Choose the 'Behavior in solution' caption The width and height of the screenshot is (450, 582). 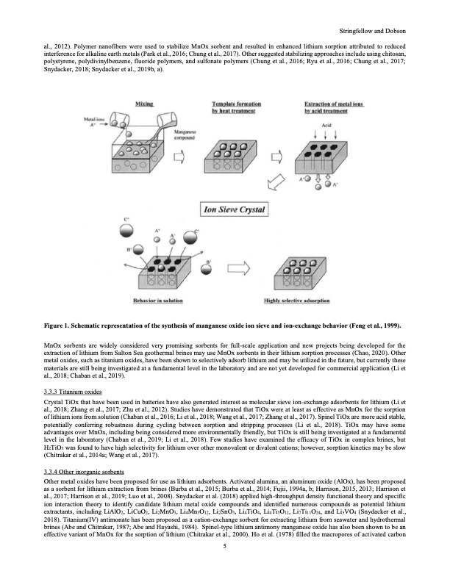pyautogui.click(x=154, y=301)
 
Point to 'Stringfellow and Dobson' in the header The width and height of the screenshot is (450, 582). pyautogui.click(x=375, y=31)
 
